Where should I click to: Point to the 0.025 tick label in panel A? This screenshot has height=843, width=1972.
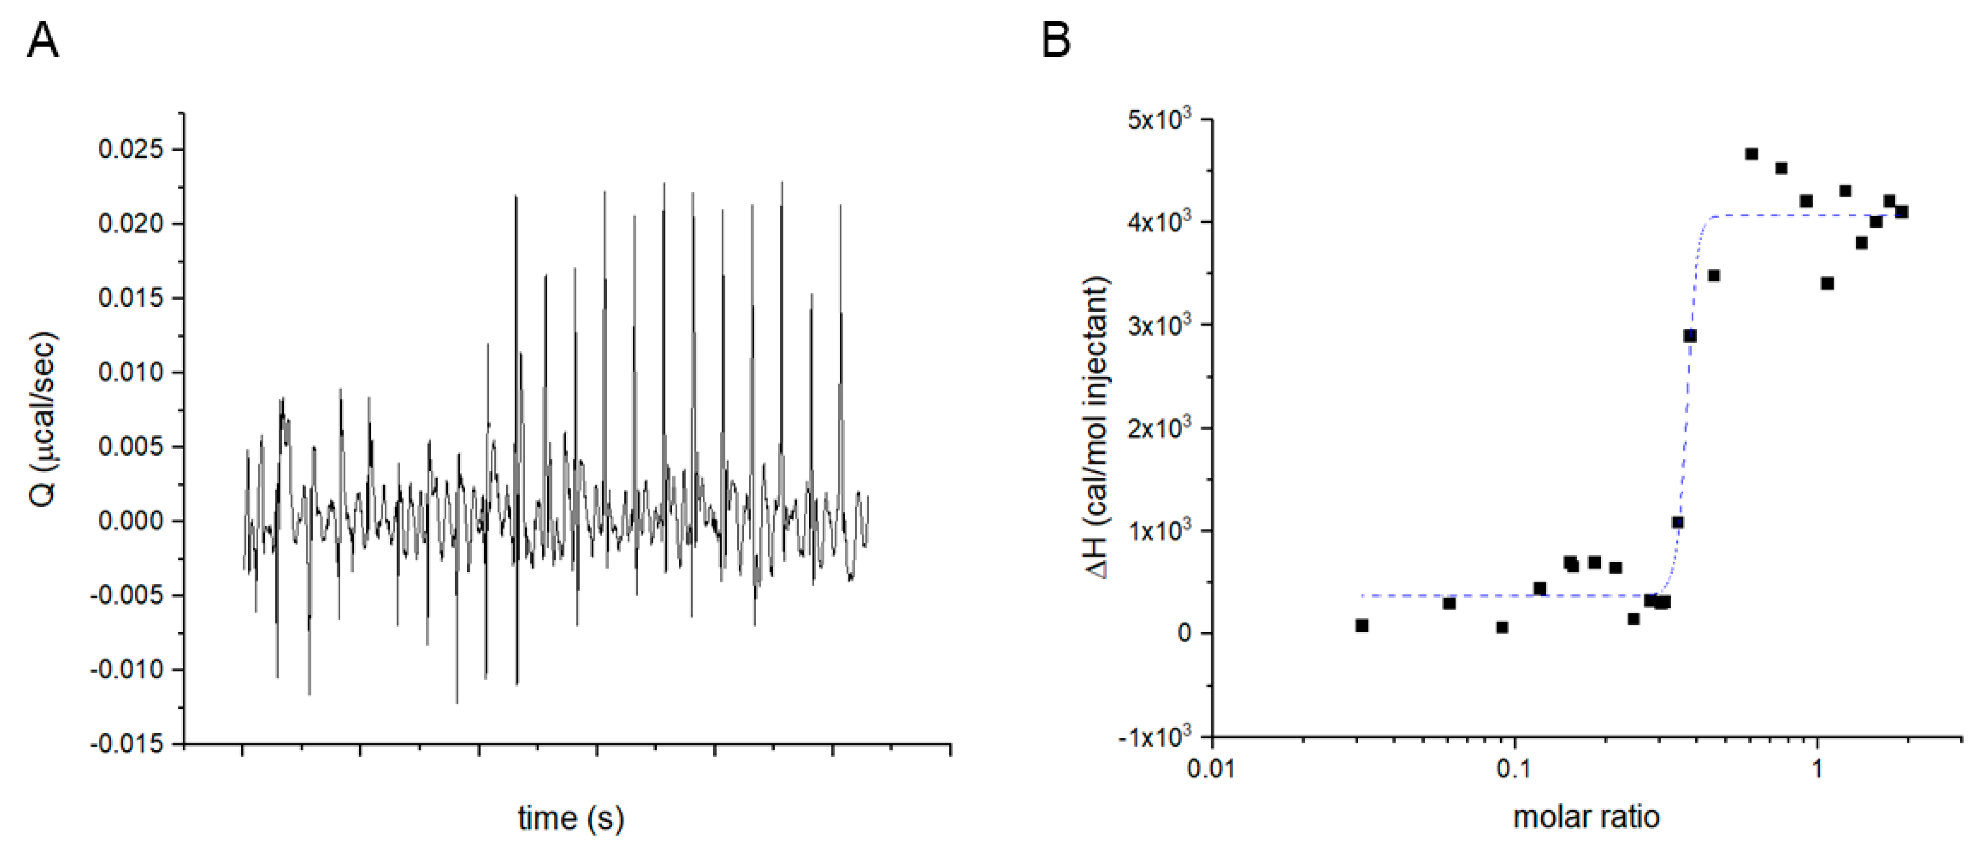point(131,149)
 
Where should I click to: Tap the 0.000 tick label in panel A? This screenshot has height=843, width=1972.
point(131,521)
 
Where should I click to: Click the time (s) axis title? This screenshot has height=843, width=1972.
point(570,818)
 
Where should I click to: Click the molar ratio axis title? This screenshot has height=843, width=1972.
point(1586,817)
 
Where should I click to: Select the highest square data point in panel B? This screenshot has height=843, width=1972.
point(1751,154)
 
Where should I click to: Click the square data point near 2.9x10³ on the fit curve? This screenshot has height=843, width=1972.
point(1690,335)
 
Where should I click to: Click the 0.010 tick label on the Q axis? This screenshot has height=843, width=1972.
point(131,372)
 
